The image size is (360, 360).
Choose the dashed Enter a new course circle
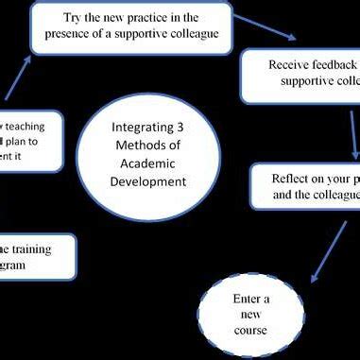(x=251, y=315)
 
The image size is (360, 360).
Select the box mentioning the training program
(x=36, y=258)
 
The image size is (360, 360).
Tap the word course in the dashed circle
(x=251, y=331)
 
